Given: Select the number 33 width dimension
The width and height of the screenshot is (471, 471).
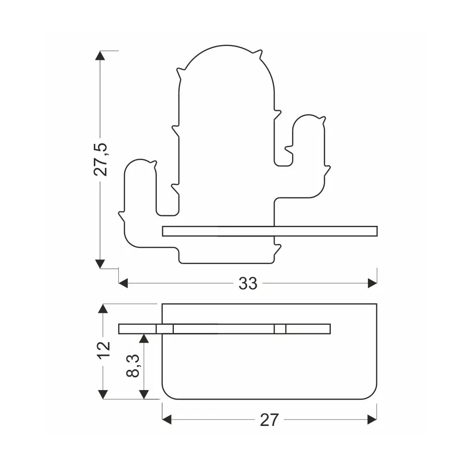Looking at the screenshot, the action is coord(248,283).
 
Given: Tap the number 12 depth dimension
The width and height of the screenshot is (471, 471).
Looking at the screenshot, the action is coord(104,349).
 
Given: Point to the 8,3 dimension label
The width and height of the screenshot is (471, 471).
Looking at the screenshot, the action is coord(133,366).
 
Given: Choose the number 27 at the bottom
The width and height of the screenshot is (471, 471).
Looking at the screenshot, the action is coord(269,419).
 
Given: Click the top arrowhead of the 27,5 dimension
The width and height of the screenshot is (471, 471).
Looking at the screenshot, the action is coord(100,56).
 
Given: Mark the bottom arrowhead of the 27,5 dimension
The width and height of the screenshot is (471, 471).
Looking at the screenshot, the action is coord(100,264).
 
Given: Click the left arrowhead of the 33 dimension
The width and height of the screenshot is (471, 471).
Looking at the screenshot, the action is coord(123,283).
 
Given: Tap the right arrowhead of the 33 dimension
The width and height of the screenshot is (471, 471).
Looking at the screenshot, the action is coord(373,283).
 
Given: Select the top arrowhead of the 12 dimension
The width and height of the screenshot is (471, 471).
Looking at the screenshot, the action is coord(103,309).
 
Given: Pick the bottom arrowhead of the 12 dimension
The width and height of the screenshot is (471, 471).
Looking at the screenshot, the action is coord(103,394).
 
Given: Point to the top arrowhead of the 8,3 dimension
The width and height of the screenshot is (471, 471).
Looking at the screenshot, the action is coord(144,339).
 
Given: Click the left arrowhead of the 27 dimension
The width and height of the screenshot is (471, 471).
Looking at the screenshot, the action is coord(167,419).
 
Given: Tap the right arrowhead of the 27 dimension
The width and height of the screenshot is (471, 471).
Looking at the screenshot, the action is coord(372,419).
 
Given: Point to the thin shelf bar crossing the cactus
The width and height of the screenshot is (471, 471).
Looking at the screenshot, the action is coord(270,231).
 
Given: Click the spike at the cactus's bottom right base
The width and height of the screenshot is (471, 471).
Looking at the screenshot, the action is coord(277,250).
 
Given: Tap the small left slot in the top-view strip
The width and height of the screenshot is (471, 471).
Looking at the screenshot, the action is coord(165,329).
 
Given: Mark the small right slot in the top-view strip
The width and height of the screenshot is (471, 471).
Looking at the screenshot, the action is coord(280,329).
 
